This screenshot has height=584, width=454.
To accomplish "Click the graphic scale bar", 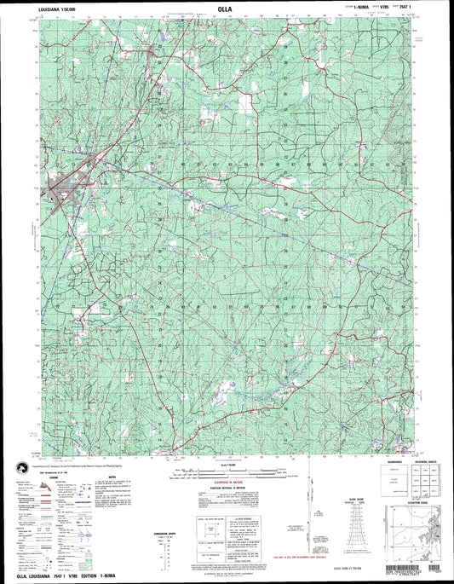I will tap(227, 474).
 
